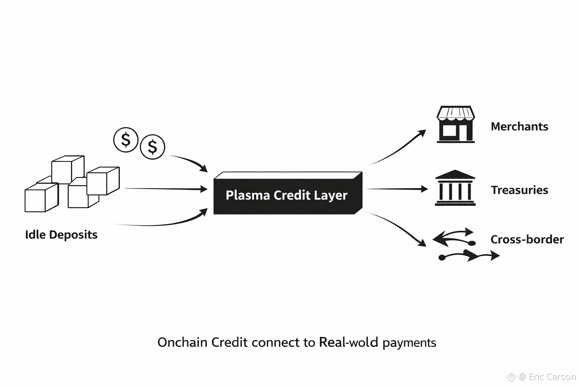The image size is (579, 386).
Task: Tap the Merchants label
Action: point(519,127)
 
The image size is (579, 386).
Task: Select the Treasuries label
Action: point(519,190)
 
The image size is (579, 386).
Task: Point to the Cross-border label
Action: point(527,239)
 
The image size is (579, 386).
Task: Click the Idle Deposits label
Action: point(61,235)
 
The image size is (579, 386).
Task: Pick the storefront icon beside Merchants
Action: point(455,124)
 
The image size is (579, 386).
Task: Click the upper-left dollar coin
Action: point(126,140)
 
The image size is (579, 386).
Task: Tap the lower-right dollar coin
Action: point(152,147)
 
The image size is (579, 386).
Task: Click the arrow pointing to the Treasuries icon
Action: point(397,189)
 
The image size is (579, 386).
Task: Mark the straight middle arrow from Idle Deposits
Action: point(166,188)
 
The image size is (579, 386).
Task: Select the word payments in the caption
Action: point(409,343)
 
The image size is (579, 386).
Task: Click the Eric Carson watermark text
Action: point(552,377)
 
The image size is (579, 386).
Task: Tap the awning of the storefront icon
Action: point(455,113)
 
